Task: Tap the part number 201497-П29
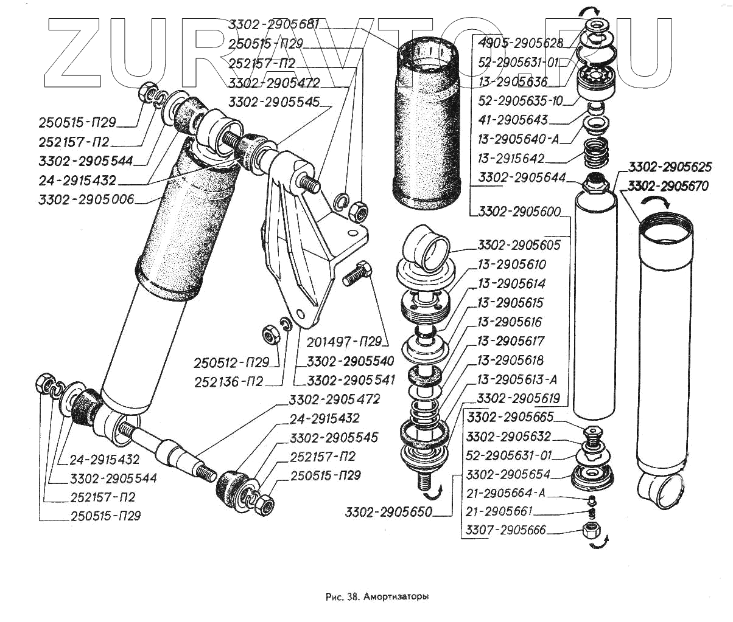(344, 342)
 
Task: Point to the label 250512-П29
(231, 363)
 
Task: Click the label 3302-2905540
(350, 361)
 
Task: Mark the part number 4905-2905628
(521, 43)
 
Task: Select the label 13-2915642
(511, 159)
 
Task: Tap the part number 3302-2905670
(668, 186)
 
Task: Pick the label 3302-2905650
(388, 512)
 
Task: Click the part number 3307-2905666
(506, 531)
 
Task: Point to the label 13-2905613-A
(517, 380)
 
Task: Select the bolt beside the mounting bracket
(356, 275)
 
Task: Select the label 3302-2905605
(519, 245)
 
